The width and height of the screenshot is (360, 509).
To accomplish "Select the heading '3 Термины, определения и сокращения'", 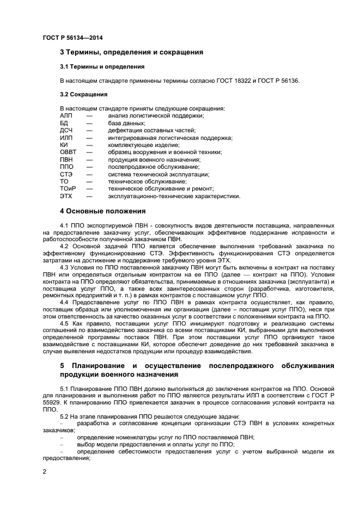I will pyautogui.click(x=131, y=52).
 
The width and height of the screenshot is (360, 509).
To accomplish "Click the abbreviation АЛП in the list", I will pyautogui.click(x=66, y=115).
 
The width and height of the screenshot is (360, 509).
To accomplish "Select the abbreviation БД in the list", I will pyautogui.click(x=64, y=123).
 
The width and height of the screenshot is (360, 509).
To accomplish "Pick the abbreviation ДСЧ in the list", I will pyautogui.click(x=66, y=130).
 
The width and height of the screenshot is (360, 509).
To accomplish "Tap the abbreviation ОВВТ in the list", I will pyautogui.click(x=68, y=152).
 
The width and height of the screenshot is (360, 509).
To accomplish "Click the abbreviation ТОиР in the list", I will pyautogui.click(x=68, y=188).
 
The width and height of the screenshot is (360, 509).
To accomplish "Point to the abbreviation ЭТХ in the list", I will pyautogui.click(x=66, y=196).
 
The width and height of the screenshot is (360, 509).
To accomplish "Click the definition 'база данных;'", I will pyautogui.click(x=126, y=123).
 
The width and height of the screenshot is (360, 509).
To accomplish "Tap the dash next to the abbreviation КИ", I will pyautogui.click(x=89, y=145).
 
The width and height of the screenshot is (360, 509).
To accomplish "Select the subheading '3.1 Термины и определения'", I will pyautogui.click(x=102, y=66).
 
